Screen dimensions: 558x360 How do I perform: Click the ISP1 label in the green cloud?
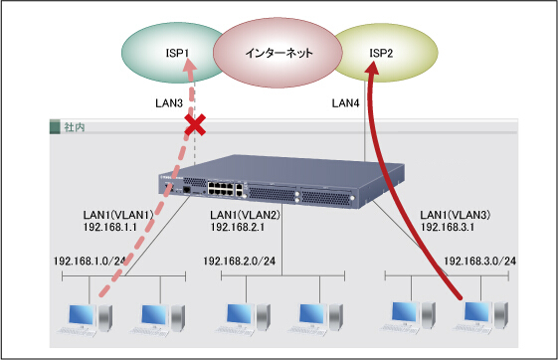pyautogui.click(x=177, y=53)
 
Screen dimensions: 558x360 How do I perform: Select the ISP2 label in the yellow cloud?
pyautogui.click(x=381, y=53)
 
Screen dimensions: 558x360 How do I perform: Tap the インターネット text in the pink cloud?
pyautogui.click(x=279, y=53)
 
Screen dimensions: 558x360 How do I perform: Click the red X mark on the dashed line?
pyautogui.click(x=195, y=125)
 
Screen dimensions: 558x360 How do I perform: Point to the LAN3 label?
pyautogui.click(x=169, y=103)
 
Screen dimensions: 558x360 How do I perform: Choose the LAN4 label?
pyautogui.click(x=345, y=103)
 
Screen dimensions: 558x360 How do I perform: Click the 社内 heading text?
pyautogui.click(x=75, y=127)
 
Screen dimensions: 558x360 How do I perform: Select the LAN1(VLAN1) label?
pyautogui.click(x=118, y=215)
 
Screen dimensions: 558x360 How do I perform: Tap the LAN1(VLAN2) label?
pyautogui.click(x=246, y=215)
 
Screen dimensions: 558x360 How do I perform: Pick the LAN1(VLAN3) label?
pyautogui.click(x=456, y=215)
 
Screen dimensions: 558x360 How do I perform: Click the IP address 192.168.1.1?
pyautogui.click(x=110, y=227)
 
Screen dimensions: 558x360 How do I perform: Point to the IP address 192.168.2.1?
pyautogui.click(x=238, y=227)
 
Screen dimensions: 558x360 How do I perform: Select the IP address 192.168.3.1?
pyautogui.click(x=448, y=227)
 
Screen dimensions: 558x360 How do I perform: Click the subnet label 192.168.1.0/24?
pyautogui.click(x=90, y=262)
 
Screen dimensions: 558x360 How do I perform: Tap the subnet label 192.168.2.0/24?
pyautogui.click(x=239, y=262)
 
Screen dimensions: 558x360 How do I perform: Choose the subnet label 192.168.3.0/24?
pyautogui.click(x=479, y=262)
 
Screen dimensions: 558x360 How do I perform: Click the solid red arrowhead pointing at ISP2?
pyautogui.click(x=372, y=68)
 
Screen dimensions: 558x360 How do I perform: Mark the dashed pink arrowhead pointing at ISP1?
pyautogui.click(x=191, y=66)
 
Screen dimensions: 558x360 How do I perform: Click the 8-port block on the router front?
pyautogui.click(x=221, y=188)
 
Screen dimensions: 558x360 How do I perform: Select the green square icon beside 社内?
pyautogui.click(x=55, y=127)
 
